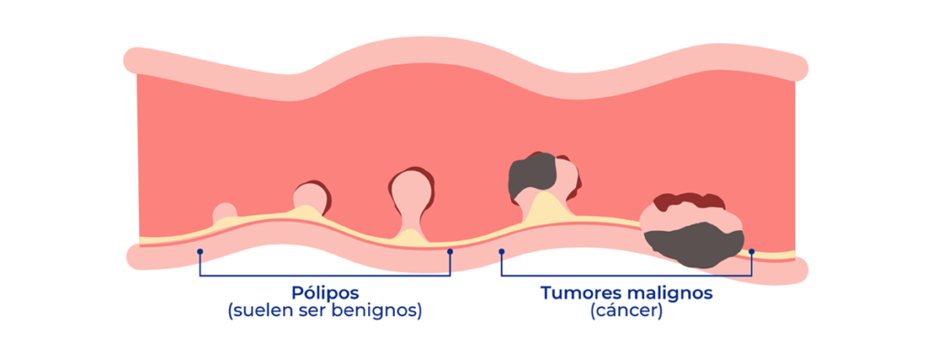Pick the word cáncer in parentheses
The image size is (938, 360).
coord(627,312)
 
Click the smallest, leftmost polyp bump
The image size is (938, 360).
coord(224,213)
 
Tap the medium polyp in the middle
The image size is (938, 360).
coord(311,195)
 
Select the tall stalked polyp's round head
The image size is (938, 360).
coord(409,189)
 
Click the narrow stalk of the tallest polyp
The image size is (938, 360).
coord(409,220)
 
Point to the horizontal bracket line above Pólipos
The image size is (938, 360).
coord(325,275)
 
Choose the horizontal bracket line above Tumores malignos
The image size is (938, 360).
coord(626,275)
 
